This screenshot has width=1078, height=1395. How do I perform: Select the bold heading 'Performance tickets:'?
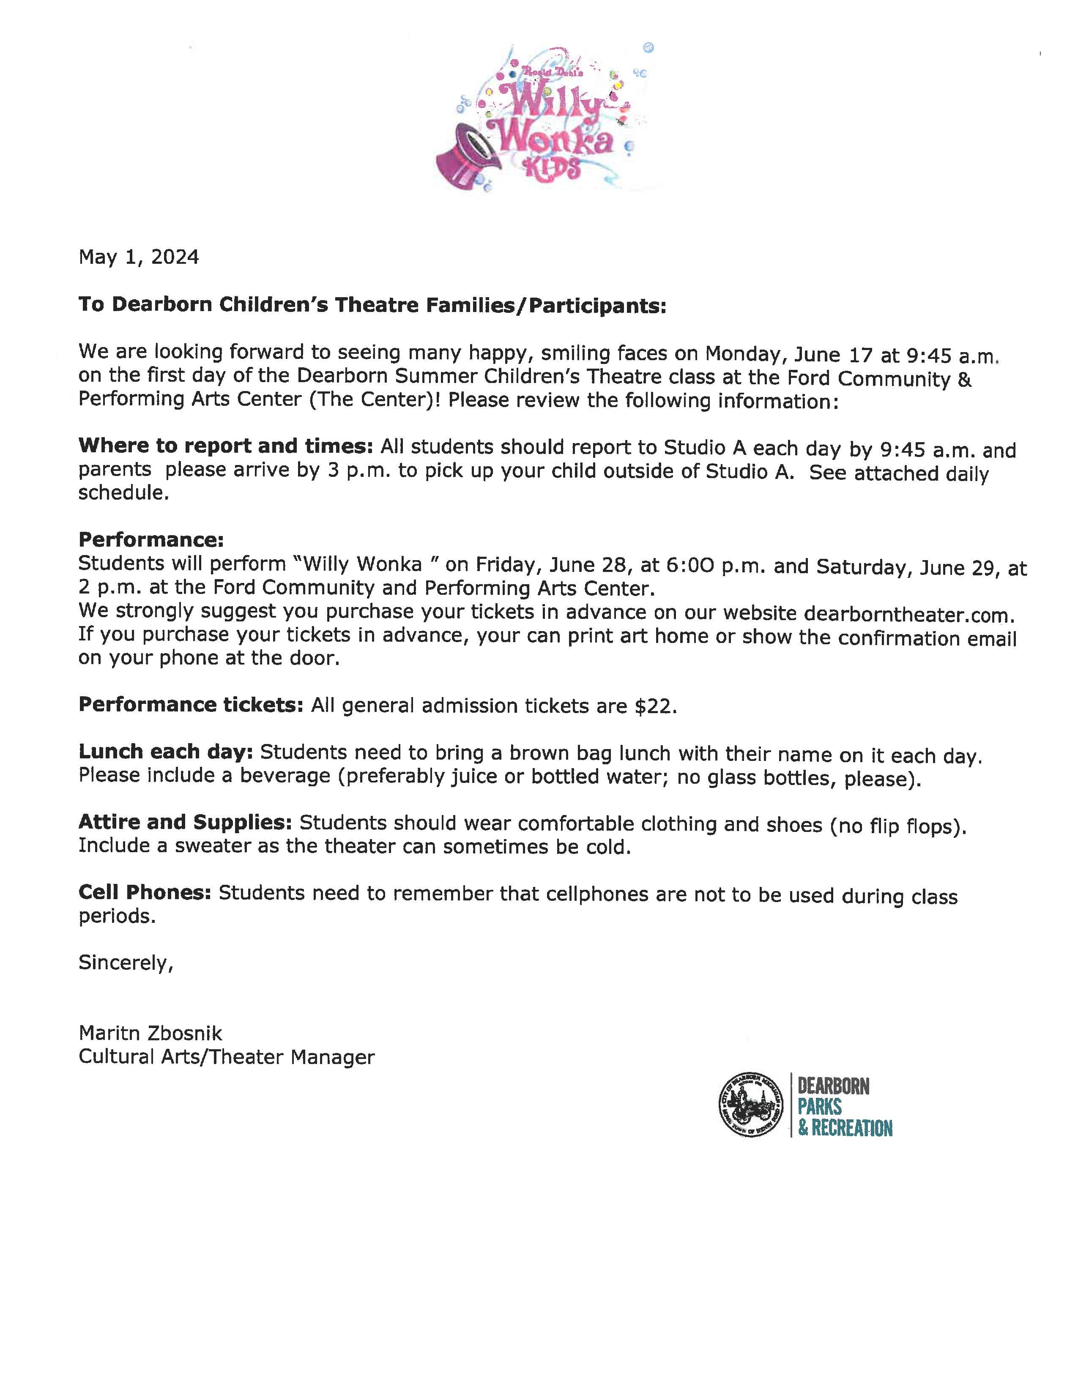click(190, 705)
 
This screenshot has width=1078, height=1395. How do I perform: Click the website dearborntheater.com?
click(908, 615)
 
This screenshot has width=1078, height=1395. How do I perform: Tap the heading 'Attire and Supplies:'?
click(185, 822)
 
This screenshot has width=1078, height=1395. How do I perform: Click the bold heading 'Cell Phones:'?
click(144, 892)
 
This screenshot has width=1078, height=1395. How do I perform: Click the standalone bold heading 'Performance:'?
click(151, 540)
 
